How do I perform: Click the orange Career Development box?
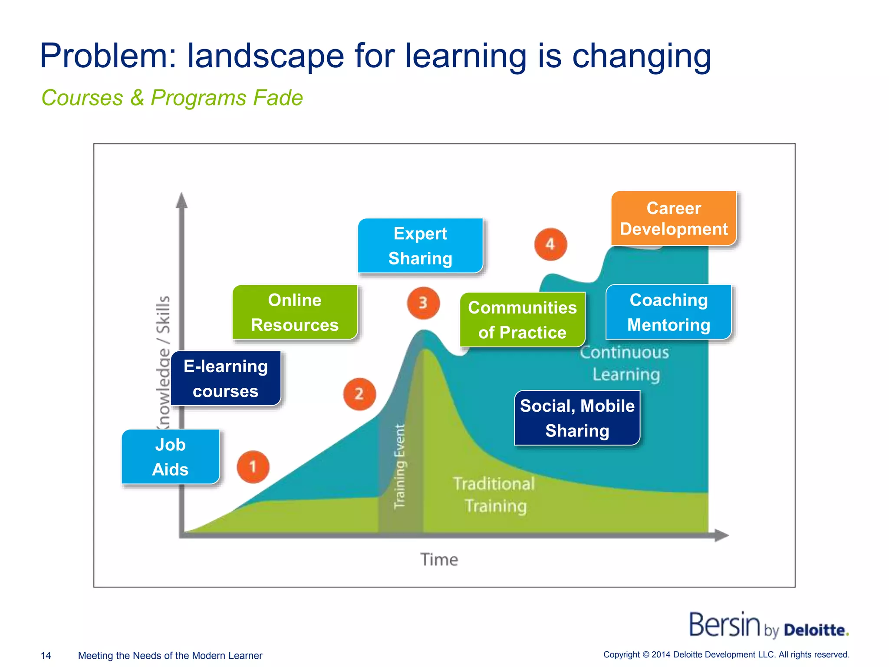[x=674, y=218]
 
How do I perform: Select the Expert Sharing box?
[x=420, y=246]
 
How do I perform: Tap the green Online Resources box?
[x=295, y=312]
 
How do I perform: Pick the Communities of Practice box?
[x=522, y=320]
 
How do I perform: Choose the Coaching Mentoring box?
[x=668, y=312]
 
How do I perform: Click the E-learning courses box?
[x=226, y=378]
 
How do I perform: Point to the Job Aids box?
[x=170, y=457]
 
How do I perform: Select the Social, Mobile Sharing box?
[x=577, y=418]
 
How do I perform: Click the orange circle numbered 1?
[x=253, y=467]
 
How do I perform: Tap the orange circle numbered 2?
[x=359, y=394]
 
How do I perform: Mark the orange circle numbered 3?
[x=423, y=303]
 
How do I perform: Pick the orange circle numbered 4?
[x=550, y=244]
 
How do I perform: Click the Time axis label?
[x=439, y=560]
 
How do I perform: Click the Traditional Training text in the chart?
[x=494, y=495]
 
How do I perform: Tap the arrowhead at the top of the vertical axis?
[x=182, y=201]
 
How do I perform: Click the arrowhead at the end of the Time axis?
[x=721, y=535]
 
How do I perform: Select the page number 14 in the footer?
[x=46, y=655]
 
